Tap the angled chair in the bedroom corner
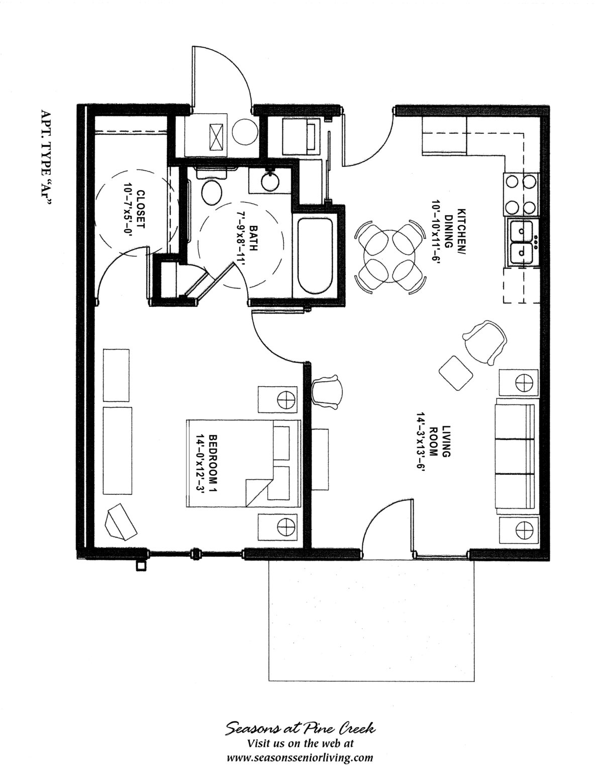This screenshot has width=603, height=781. pos(121,523)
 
